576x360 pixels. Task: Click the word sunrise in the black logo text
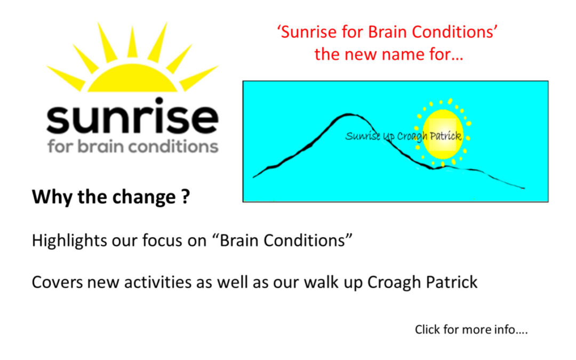pos(132,116)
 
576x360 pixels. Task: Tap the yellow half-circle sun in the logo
pos(132,78)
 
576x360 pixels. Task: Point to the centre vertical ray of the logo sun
pos(132,42)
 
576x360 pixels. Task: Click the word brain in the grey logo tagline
pos(100,146)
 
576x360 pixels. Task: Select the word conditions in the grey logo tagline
pos(173,146)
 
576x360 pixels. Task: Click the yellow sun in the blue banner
pos(443,134)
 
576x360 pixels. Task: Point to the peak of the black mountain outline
pos(348,115)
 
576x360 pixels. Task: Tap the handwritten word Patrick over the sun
pos(445,136)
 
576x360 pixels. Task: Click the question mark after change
pos(186,196)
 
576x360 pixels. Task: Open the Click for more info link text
pos(471,330)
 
